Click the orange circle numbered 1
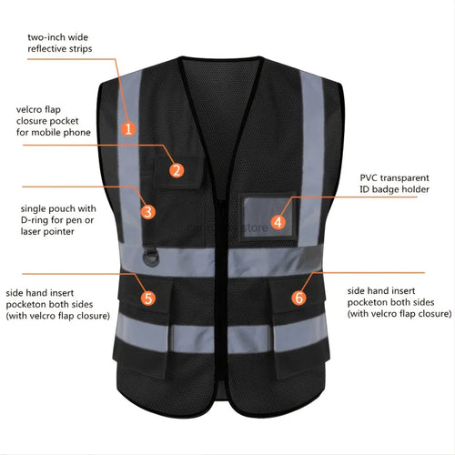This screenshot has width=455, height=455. (128, 129)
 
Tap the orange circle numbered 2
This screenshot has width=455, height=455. (177, 170)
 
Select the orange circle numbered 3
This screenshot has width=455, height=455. (148, 211)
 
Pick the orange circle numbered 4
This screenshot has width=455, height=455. (278, 222)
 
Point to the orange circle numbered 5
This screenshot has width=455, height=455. (148, 298)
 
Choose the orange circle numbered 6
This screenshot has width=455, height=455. (298, 298)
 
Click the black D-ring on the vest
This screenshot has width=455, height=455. (150, 258)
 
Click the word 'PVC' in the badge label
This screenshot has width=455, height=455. (369, 177)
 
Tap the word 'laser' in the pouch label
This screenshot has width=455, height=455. (32, 232)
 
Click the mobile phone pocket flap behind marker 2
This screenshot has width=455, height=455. (180, 172)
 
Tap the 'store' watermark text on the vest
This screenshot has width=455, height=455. (255, 227)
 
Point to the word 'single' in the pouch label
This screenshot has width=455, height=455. (33, 209)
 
